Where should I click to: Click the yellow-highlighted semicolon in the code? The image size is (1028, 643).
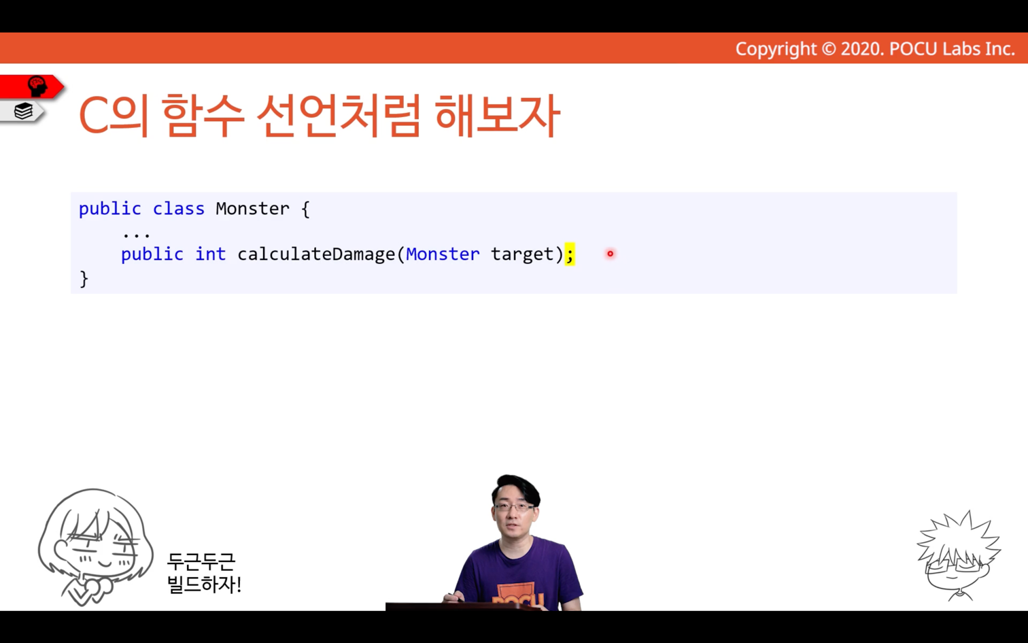click(x=570, y=254)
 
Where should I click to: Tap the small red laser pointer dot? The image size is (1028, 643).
click(x=610, y=254)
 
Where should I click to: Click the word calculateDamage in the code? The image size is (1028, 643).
click(x=316, y=254)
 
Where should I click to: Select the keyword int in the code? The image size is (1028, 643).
click(x=211, y=254)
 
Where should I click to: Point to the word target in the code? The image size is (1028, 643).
click(x=522, y=254)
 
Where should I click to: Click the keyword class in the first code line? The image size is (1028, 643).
click(x=179, y=208)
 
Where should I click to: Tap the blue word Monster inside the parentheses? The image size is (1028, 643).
click(x=443, y=254)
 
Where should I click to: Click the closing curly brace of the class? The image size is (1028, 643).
click(x=84, y=279)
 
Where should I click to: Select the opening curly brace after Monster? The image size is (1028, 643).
click(x=306, y=209)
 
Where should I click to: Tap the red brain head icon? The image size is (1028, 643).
click(x=37, y=86)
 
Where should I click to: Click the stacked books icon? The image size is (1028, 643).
click(x=23, y=111)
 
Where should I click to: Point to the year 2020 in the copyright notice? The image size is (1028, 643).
click(x=861, y=49)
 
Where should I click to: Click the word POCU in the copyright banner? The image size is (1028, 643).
click(x=913, y=49)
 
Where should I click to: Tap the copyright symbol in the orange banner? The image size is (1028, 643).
click(x=829, y=49)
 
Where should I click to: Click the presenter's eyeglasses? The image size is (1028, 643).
click(x=515, y=507)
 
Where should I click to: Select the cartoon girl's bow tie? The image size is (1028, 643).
click(x=95, y=587)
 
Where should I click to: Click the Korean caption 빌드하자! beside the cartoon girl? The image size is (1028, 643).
click(x=204, y=584)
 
